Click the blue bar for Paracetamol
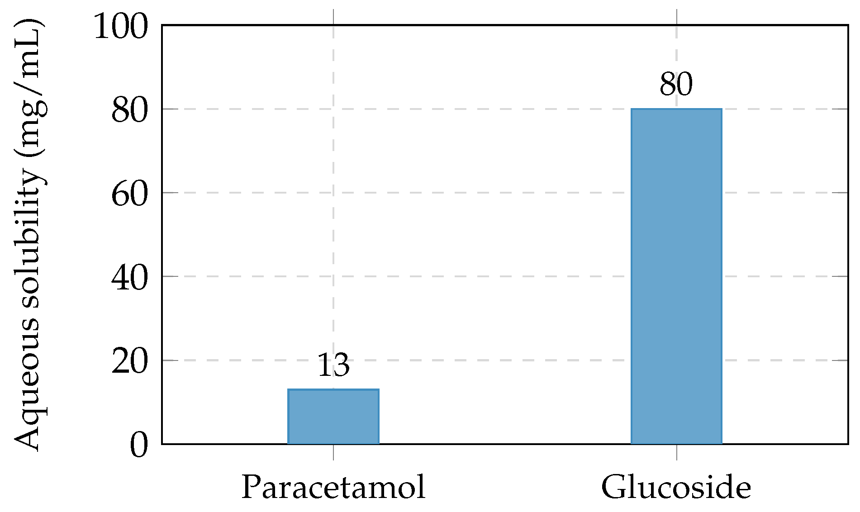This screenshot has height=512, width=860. [333, 416]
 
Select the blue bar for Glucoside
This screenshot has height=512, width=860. [676, 276]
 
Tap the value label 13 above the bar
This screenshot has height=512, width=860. [333, 365]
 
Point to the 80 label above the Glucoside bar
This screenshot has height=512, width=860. [676, 84]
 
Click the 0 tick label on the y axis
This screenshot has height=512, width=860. [139, 445]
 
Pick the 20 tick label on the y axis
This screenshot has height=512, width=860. [130, 361]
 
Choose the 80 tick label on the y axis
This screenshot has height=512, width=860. [130, 110]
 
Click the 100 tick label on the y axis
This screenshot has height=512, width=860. [121, 26]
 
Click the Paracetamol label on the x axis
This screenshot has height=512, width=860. [333, 488]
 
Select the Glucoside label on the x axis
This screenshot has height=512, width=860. [676, 488]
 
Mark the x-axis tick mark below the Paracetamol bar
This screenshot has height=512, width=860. [333, 452]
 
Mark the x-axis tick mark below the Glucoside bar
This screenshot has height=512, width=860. [676, 452]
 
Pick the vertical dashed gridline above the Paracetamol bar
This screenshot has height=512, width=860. [333, 204]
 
